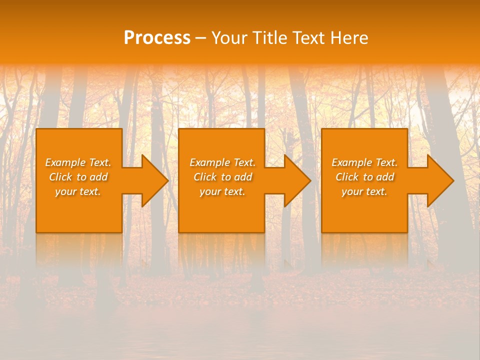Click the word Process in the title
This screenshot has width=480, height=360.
pyautogui.click(x=157, y=38)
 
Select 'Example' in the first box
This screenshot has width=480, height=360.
pyautogui.click(x=65, y=162)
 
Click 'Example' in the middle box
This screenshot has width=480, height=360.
pyautogui.click(x=209, y=162)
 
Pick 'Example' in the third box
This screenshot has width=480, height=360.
pyautogui.click(x=351, y=162)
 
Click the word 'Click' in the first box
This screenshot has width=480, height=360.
pyautogui.click(x=60, y=177)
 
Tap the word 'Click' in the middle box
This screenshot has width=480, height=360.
pyautogui.click(x=204, y=177)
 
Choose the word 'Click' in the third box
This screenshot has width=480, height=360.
pyautogui.click(x=346, y=177)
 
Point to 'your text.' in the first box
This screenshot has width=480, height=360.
pyautogui.click(x=78, y=191)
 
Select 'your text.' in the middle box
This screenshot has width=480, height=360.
pyautogui.click(x=222, y=191)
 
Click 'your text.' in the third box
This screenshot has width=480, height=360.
pyautogui.click(x=364, y=191)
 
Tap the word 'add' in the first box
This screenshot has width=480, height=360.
pyautogui.click(x=99, y=177)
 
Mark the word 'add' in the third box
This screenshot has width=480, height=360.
pyautogui.click(x=385, y=177)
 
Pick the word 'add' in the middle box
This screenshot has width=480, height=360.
pyautogui.click(x=243, y=177)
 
